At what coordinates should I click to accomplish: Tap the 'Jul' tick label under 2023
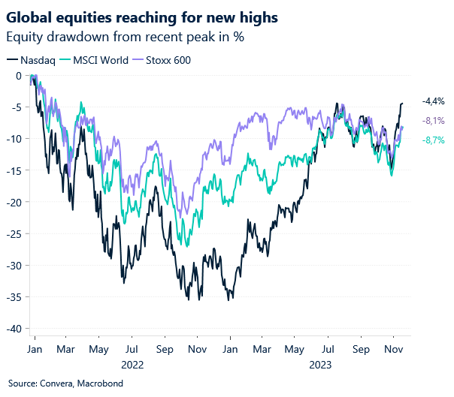(328, 350)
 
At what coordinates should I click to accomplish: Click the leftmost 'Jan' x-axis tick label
(35, 350)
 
